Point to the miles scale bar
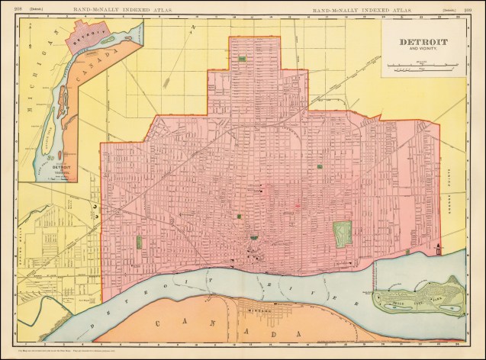(x=422, y=68)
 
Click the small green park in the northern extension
(x=242, y=59)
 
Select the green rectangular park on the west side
(x=140, y=242)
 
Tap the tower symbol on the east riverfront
(x=439, y=248)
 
